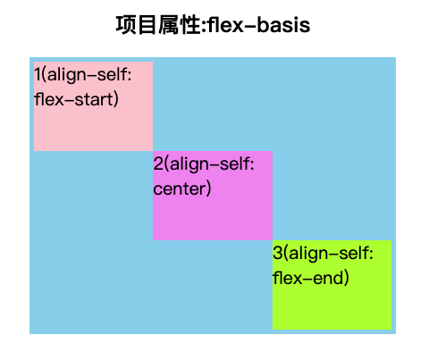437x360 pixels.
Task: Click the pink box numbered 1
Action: click(x=93, y=106)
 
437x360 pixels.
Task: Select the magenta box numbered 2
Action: click(x=213, y=196)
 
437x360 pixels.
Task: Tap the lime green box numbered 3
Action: click(x=332, y=285)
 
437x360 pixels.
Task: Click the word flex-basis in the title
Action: click(x=259, y=25)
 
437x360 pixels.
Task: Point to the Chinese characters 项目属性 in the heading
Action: click(x=158, y=25)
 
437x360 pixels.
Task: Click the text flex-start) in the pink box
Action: click(x=76, y=99)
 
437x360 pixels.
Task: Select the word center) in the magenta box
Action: click(x=182, y=188)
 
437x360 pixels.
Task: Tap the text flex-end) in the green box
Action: click(x=310, y=278)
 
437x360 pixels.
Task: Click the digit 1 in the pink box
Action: click(x=38, y=74)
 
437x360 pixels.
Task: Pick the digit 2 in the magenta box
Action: click(x=158, y=163)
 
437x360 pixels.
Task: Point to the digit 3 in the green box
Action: click(x=277, y=253)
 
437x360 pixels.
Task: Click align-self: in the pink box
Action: click(x=89, y=75)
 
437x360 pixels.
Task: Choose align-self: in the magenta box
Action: click(x=212, y=164)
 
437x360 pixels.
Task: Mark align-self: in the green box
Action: click(x=332, y=254)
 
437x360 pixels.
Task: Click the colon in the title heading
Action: click(x=204, y=26)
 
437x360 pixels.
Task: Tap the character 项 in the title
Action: click(x=126, y=25)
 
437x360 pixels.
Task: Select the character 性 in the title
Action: click(x=190, y=25)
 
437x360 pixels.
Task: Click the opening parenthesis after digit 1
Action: click(x=44, y=75)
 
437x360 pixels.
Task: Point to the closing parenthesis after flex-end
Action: click(x=346, y=278)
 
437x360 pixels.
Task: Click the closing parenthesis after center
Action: click(x=208, y=188)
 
